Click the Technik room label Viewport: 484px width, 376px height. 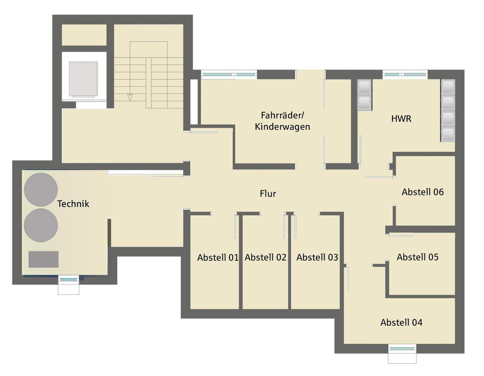tap(73, 204)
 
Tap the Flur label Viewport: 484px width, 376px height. tap(268, 194)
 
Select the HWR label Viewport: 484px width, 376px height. tap(401, 119)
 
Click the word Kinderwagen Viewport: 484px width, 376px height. tap(282, 127)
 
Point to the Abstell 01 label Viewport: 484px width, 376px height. tap(218, 258)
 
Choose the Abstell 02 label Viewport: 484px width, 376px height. tap(266, 257)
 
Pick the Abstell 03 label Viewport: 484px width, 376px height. tap(317, 257)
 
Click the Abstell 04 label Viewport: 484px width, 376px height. tap(401, 322)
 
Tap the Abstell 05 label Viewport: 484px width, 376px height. tap(418, 257)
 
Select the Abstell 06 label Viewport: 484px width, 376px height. tap(422, 192)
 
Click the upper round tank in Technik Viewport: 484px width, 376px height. tap(41, 190)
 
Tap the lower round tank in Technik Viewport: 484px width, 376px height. tap(41, 225)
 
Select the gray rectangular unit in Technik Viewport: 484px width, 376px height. tap(44, 259)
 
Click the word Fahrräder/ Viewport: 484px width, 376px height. tap(282, 115)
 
